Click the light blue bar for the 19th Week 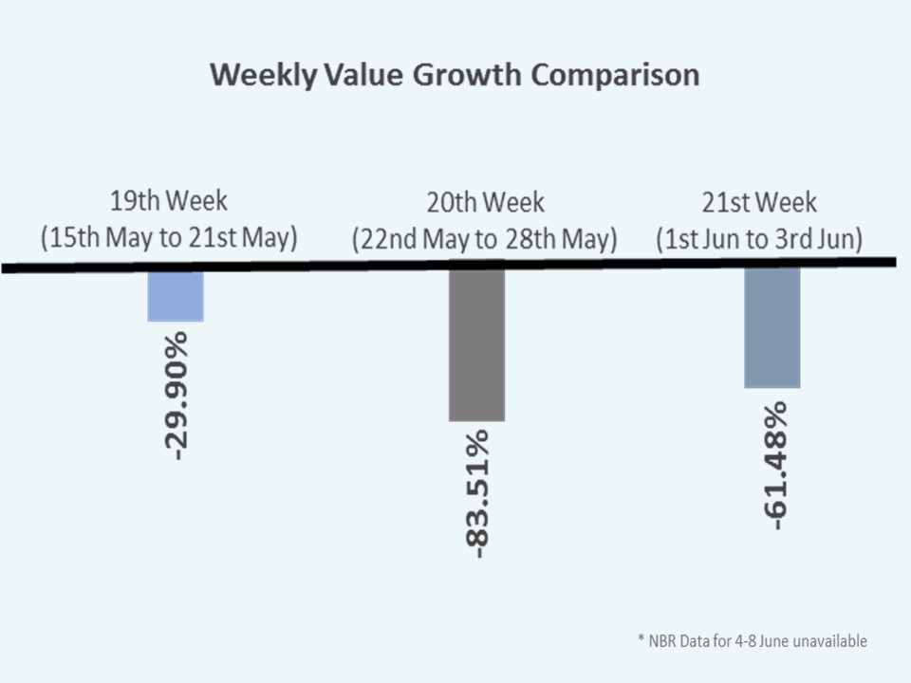176,297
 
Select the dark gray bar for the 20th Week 476,345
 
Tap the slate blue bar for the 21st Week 772,328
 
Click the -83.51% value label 477,493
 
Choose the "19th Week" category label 169,202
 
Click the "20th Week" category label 485,203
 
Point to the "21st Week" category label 759,203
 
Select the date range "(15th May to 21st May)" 169,238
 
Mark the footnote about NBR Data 752,641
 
